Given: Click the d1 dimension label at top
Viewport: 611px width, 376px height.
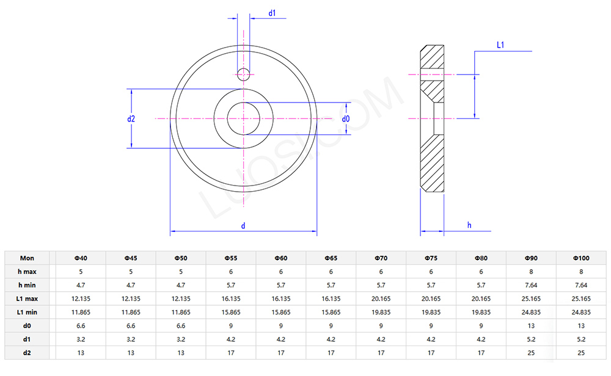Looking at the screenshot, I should click(273, 13).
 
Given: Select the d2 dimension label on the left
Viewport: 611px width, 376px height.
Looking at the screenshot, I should click(131, 119).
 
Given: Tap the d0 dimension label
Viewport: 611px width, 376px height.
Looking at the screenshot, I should click(346, 119).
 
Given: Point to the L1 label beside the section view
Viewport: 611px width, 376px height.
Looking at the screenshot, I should click(500, 45).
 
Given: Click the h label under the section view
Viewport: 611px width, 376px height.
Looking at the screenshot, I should click(469, 225).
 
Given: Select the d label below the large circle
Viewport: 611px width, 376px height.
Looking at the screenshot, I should click(243, 226).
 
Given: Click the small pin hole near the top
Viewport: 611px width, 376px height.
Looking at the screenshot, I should click(243, 74).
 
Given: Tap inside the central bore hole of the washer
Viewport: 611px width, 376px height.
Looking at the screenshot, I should click(243, 118).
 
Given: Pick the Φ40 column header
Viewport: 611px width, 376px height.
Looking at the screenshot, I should click(81, 258).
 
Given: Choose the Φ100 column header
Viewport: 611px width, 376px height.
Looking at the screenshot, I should click(580, 258).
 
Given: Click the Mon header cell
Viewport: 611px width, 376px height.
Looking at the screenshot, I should click(27, 258).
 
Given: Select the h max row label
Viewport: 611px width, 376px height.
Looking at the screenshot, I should click(27, 272).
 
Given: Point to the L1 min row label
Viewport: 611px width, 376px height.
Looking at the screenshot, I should click(27, 312).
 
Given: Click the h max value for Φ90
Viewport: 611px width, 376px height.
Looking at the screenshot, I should click(531, 272).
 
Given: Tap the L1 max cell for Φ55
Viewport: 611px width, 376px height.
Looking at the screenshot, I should click(231, 298).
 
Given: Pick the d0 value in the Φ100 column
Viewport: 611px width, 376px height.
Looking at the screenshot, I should click(580, 325).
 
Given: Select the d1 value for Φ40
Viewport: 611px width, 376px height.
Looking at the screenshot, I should click(81, 339).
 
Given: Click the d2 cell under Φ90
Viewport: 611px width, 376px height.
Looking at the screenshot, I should click(531, 352).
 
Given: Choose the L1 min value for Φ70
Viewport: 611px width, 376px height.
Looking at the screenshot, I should click(381, 312).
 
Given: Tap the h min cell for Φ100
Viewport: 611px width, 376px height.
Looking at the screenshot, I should click(580, 285).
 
